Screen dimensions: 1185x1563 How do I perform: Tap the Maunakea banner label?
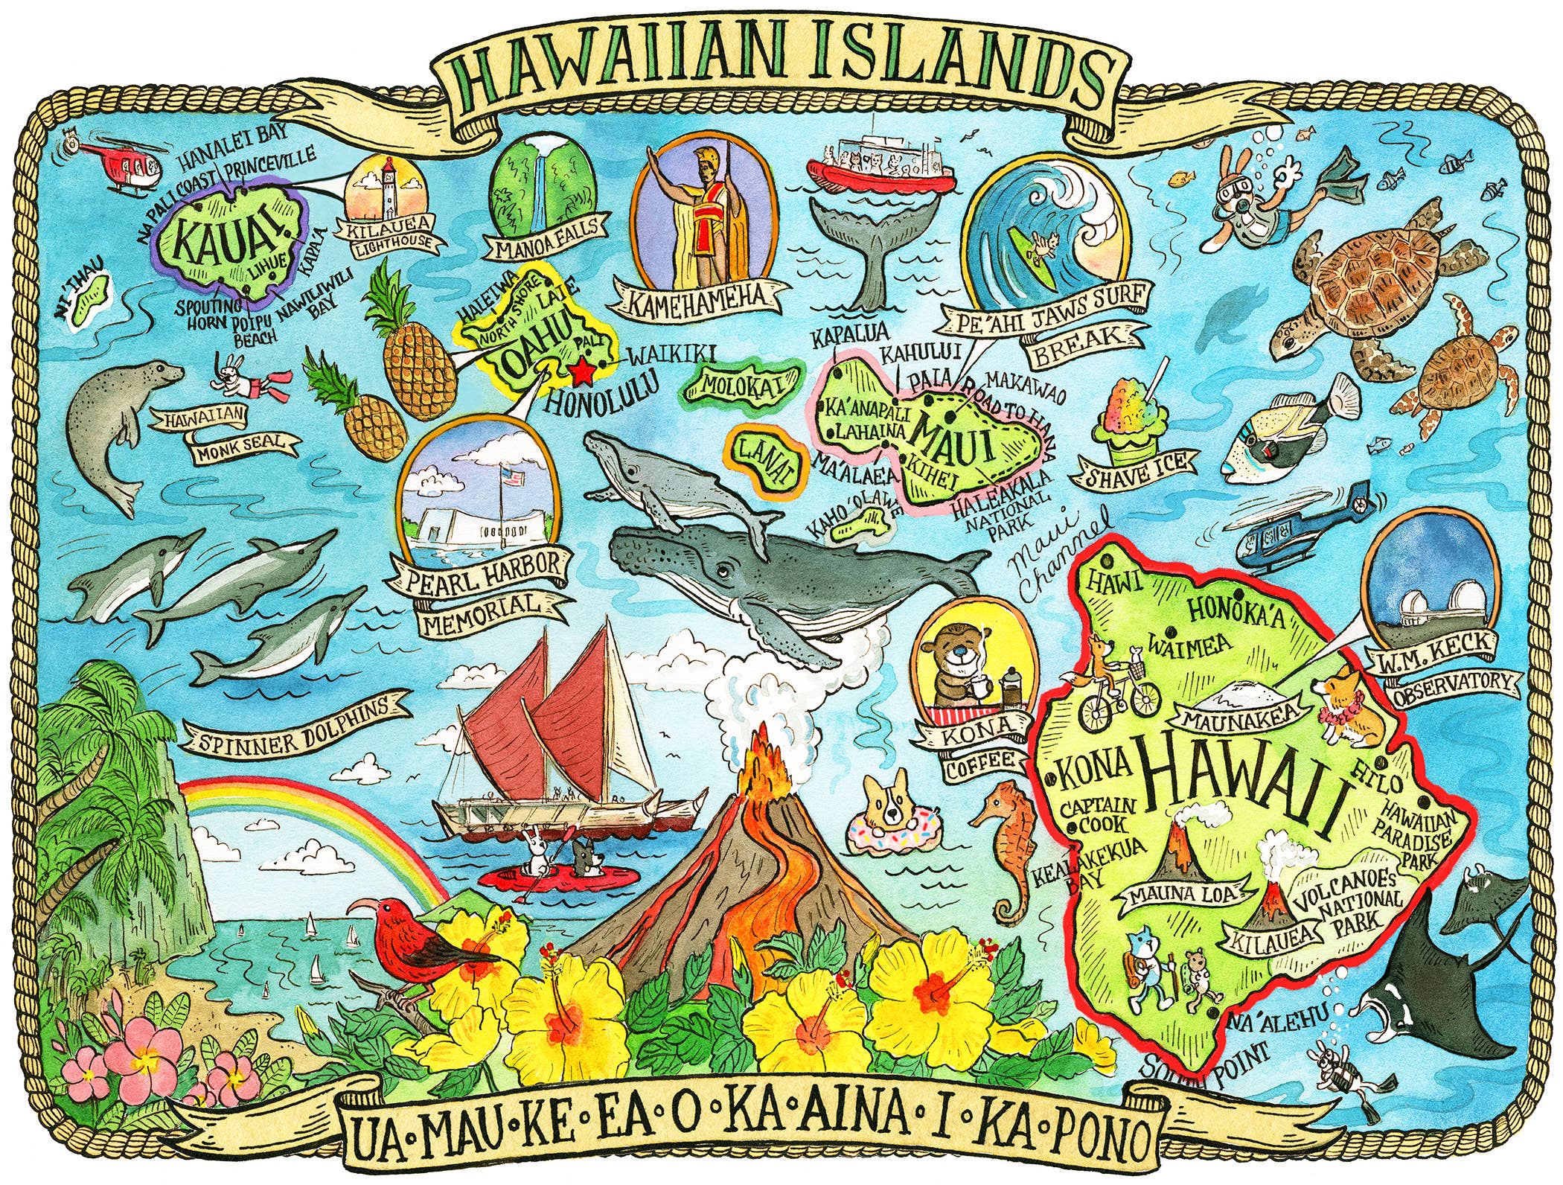1238,719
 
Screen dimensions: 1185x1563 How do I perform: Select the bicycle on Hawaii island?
1118,700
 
